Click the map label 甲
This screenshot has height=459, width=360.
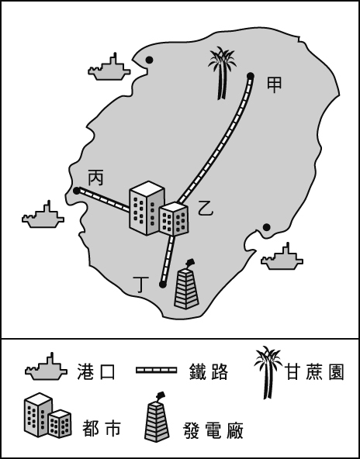click(274, 85)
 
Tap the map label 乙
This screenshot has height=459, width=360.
click(206, 208)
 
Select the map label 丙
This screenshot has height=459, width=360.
click(95, 178)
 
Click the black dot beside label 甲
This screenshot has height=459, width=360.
click(251, 76)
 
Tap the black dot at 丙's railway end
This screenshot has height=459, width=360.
click(77, 192)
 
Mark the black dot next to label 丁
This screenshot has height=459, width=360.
click(163, 285)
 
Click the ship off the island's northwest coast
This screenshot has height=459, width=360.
click(109, 68)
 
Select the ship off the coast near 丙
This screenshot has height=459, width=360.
click(43, 216)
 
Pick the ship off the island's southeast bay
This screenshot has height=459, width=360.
click(282, 257)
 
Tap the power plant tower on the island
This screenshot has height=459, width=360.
click(186, 284)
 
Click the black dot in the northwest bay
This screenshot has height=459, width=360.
click(150, 60)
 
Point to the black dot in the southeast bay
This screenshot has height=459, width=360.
click(267, 227)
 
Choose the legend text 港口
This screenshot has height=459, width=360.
click(96, 371)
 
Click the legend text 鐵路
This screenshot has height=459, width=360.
click(209, 371)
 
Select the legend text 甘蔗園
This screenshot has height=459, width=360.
click(315, 372)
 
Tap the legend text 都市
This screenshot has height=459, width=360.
click(101, 429)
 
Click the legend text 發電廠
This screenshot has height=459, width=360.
click(213, 430)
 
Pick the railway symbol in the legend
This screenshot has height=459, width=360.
click(157, 371)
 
